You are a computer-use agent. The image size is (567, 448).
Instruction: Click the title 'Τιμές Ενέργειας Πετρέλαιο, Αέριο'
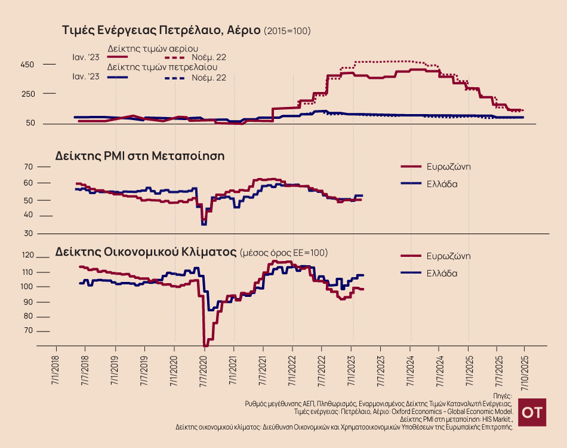(x=161, y=30)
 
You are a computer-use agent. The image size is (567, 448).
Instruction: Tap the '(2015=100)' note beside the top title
(x=287, y=30)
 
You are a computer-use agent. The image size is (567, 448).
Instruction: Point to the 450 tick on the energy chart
(x=27, y=65)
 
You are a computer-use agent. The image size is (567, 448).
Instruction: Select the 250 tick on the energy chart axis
(x=27, y=94)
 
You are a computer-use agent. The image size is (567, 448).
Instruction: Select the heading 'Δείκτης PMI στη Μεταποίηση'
(x=140, y=155)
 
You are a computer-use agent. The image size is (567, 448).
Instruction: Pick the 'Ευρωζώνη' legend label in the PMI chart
(x=448, y=167)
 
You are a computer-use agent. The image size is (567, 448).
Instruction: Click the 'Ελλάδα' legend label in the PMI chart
(x=442, y=183)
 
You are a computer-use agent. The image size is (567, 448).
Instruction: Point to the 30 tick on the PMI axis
(x=43, y=234)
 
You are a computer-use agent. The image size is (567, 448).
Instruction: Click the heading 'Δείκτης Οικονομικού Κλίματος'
(x=146, y=251)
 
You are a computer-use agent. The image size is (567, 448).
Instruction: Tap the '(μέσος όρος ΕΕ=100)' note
(x=283, y=253)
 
